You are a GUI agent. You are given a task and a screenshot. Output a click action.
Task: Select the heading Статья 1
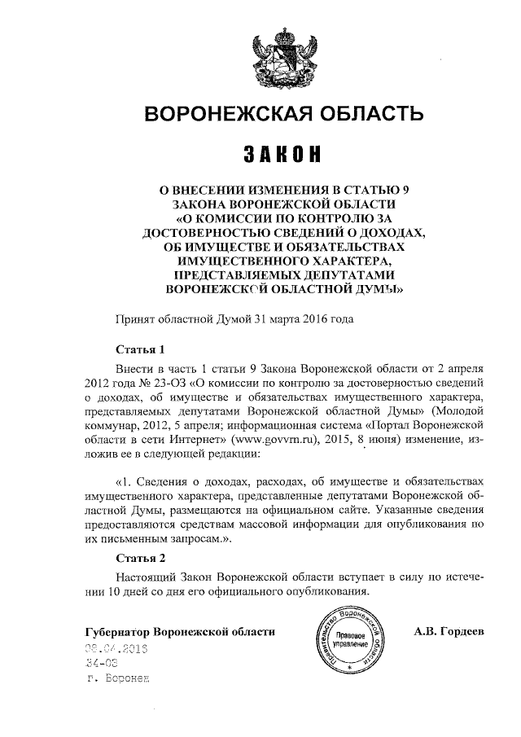[141, 350]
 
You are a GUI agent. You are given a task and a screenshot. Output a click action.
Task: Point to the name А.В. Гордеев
[449, 632]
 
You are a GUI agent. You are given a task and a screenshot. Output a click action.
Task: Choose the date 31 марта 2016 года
[304, 319]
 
